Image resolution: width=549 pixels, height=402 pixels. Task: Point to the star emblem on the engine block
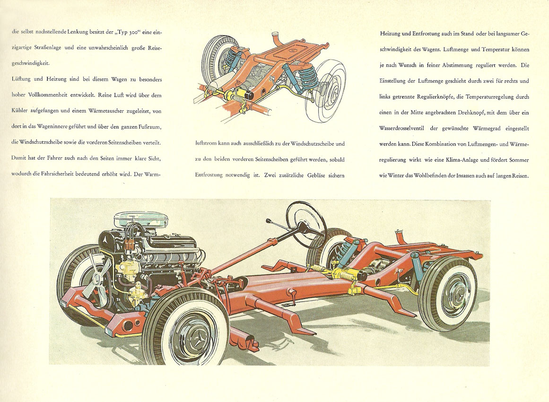click(106, 241)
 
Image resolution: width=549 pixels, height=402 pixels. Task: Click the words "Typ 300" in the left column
click(125, 32)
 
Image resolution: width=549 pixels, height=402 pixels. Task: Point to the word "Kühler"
click(19, 111)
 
